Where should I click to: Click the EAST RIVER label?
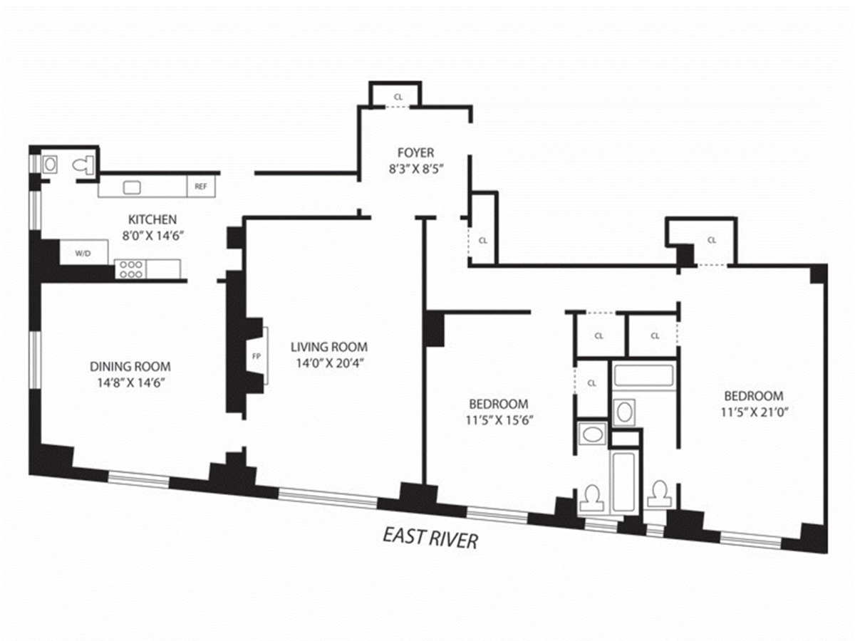click(430, 538)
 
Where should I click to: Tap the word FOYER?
click(415, 152)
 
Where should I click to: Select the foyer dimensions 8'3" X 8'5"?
click(415, 170)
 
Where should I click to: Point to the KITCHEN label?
click(152, 219)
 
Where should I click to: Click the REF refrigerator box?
click(201, 187)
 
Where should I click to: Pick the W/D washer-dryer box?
click(84, 252)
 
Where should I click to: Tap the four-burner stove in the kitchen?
click(131, 269)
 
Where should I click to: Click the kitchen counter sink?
click(132, 187)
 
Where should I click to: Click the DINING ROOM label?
click(130, 367)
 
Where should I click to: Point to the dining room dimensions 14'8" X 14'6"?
click(130, 382)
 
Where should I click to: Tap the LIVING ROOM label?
click(329, 348)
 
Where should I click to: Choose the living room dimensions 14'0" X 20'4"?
click(329, 363)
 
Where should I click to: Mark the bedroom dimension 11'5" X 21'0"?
click(753, 411)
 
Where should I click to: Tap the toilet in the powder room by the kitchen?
click(84, 165)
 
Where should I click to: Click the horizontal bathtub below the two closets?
click(643, 377)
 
